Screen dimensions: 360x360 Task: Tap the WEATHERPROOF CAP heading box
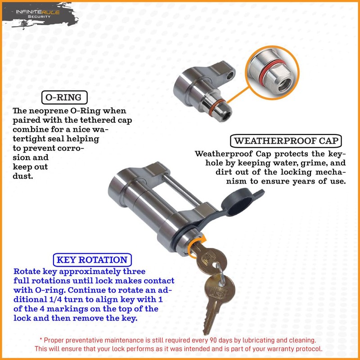click(x=286, y=141)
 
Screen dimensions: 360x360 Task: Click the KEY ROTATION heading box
click(x=92, y=260)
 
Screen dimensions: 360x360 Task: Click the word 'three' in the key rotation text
click(x=133, y=272)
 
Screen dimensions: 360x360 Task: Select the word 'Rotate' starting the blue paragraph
click(x=27, y=272)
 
